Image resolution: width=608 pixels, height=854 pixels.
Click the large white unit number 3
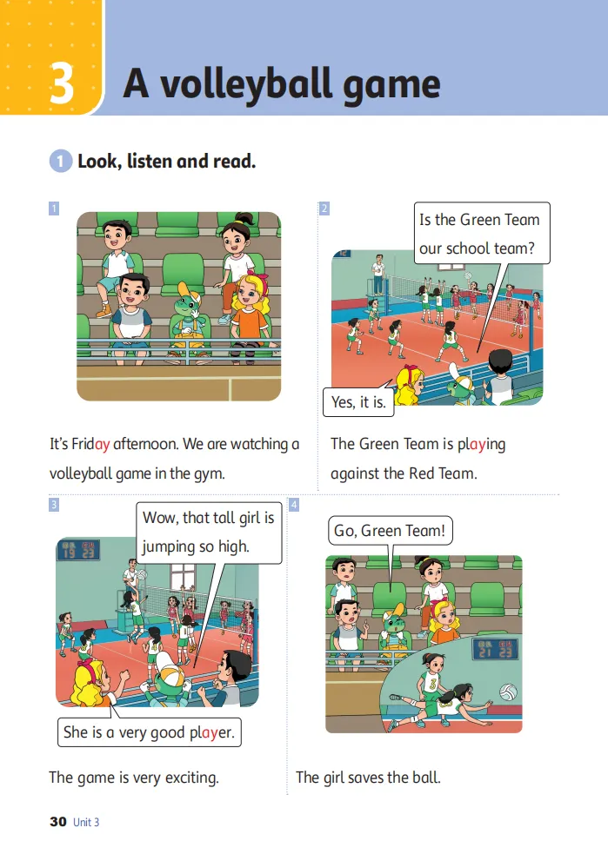pyautogui.click(x=62, y=83)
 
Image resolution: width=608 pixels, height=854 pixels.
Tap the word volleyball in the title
pyautogui.click(x=245, y=85)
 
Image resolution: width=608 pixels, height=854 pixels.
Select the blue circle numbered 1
pyautogui.click(x=61, y=162)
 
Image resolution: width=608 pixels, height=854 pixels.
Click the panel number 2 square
pyautogui.click(x=324, y=208)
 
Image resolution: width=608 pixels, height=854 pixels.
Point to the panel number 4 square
pyautogui.click(x=293, y=505)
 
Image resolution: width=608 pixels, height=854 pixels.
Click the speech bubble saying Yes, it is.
pyautogui.click(x=358, y=402)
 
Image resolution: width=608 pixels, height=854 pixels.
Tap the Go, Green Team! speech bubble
pyautogui.click(x=390, y=531)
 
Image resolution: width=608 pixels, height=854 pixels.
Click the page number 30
pyautogui.click(x=57, y=822)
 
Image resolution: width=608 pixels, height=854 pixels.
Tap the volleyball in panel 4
pyautogui.click(x=508, y=692)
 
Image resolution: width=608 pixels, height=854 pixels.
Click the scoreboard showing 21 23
pyautogui.click(x=495, y=649)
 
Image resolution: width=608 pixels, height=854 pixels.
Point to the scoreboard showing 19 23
pyautogui.click(x=78, y=550)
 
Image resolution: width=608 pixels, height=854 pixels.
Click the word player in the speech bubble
pyautogui.click(x=212, y=732)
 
